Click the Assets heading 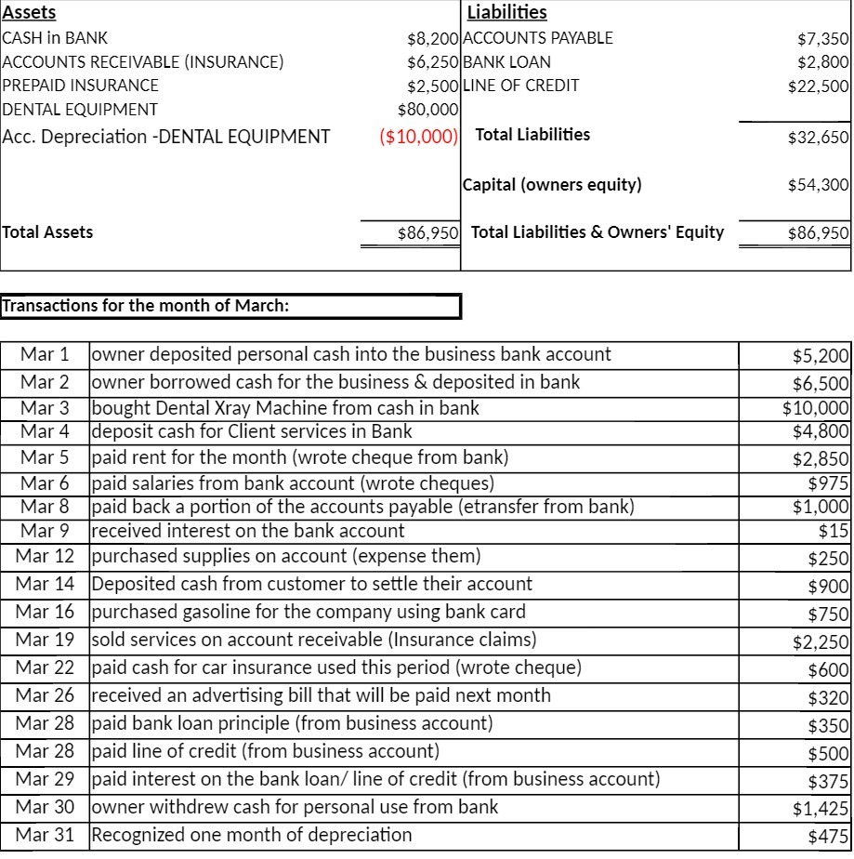(29, 13)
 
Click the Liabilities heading (506, 13)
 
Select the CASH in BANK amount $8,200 (433, 38)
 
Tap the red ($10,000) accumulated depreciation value (419, 137)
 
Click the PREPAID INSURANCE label (81, 86)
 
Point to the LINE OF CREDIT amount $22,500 (818, 86)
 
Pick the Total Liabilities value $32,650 (818, 138)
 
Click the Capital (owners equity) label (552, 184)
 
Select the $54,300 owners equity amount (818, 185)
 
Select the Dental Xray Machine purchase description (286, 406)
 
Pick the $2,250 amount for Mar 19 (821, 641)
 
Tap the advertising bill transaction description (321, 695)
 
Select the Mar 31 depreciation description (251, 835)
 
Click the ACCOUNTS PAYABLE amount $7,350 (822, 38)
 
